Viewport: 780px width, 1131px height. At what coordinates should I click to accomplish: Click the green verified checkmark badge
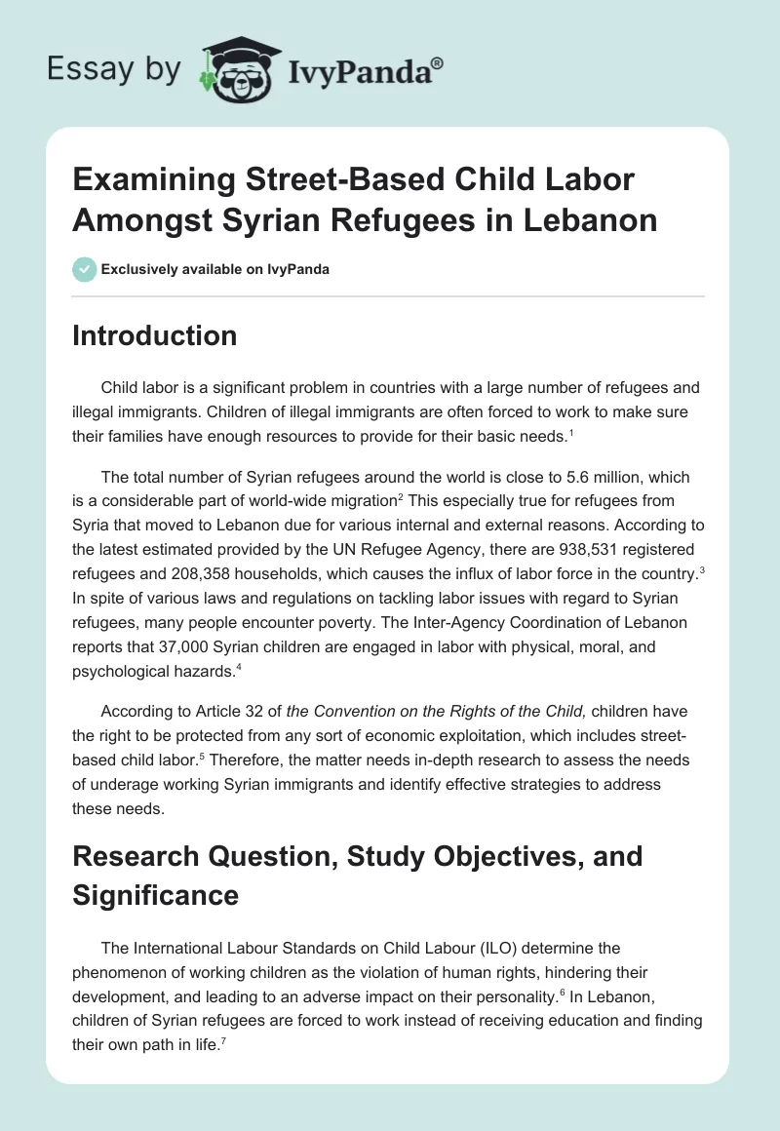(x=85, y=269)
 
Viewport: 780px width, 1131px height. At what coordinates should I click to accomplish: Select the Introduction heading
(x=155, y=335)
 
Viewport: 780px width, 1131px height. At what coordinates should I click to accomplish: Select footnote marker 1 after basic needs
(x=572, y=432)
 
